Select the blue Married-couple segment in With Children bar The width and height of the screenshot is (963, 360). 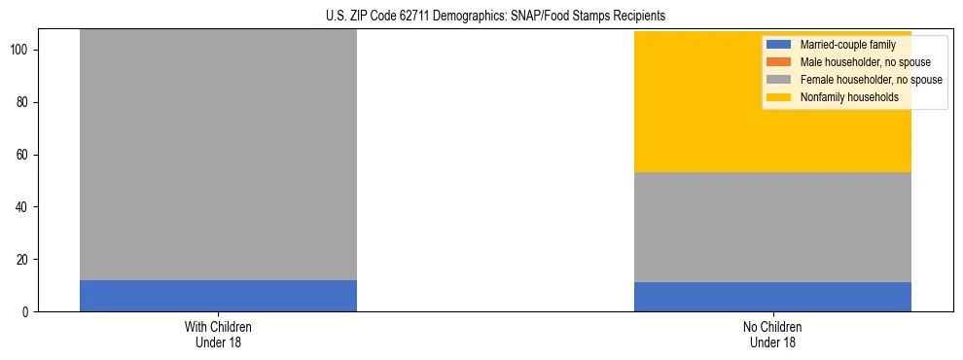tap(218, 296)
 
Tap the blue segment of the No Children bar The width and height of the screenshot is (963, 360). tap(772, 297)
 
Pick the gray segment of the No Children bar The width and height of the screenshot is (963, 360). tap(772, 227)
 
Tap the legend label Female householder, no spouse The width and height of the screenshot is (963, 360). tap(871, 80)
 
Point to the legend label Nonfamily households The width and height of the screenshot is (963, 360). tap(849, 97)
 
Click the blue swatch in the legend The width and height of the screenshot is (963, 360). tap(779, 45)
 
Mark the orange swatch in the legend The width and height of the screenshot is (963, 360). tap(779, 62)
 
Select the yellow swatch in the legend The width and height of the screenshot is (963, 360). tap(779, 97)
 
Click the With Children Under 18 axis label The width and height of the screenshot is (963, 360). tap(218, 334)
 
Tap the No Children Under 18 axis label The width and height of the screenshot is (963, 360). tap(772, 334)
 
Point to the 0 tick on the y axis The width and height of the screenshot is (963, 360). tap(30, 312)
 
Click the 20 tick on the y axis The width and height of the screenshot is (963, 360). tap(27, 260)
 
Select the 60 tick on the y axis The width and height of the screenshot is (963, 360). tap(27, 155)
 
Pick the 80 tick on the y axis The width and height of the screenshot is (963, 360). tap(27, 102)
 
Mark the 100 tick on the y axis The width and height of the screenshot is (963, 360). tap(24, 50)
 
